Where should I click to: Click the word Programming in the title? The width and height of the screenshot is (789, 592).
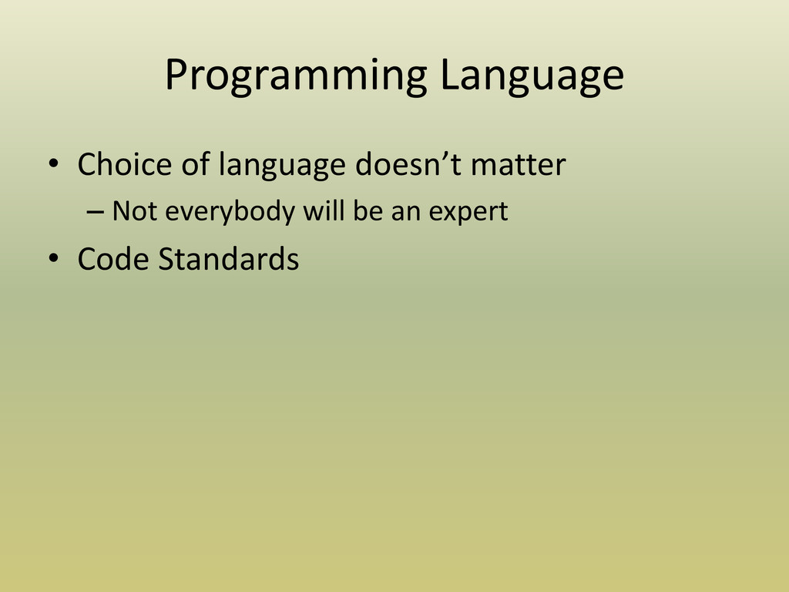pos(296,76)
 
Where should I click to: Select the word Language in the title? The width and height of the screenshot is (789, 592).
pos(532,76)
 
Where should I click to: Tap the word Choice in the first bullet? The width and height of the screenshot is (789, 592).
pos(125,164)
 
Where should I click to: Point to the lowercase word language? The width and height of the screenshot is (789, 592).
pos(282,166)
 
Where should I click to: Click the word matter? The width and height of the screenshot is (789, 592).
pos(519,165)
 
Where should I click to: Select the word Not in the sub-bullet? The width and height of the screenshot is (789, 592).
pos(134,211)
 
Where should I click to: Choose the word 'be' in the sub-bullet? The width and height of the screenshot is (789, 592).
pos(368,210)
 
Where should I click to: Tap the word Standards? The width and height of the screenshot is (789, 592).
pos(228,259)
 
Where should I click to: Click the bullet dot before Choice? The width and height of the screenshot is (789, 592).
pos(53,163)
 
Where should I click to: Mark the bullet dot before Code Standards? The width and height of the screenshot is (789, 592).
pos(53,257)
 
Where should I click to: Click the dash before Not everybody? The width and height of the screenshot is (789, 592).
pos(95,213)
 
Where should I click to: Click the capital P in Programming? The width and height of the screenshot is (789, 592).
pos(177,75)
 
